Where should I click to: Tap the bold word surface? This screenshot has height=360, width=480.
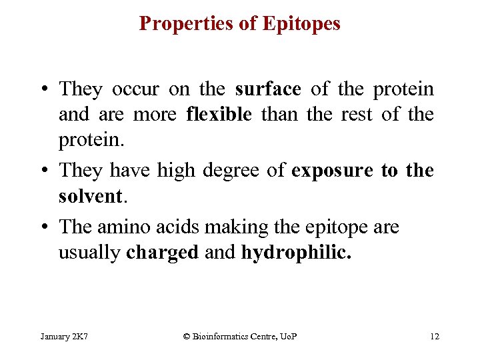(x=268, y=89)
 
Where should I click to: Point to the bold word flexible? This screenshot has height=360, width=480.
(x=219, y=115)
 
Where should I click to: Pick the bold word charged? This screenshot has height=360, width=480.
(x=163, y=253)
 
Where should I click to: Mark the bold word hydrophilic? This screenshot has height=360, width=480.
(x=295, y=253)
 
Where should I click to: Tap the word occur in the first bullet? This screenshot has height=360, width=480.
(x=137, y=89)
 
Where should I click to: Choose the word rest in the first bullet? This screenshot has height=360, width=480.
(x=361, y=115)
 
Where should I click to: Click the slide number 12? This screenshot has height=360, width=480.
(x=435, y=336)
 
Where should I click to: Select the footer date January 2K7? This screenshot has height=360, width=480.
(x=65, y=336)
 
